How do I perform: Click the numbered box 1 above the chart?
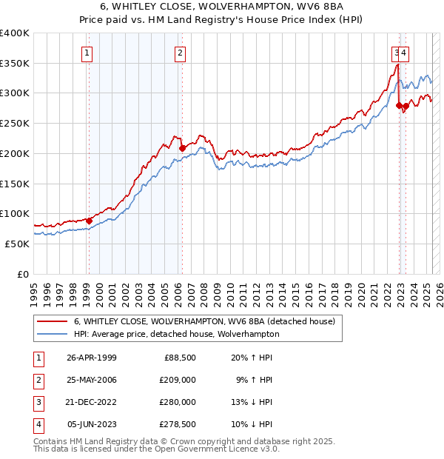[x=87, y=53]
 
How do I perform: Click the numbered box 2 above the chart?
[x=181, y=53]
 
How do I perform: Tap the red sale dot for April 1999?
[x=89, y=220]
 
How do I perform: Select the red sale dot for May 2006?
[x=182, y=148]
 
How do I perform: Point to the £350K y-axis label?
[x=15, y=64]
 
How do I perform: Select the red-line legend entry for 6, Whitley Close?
[x=204, y=321]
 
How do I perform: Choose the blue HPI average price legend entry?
[x=176, y=334]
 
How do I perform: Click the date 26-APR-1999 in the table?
[x=92, y=358]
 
